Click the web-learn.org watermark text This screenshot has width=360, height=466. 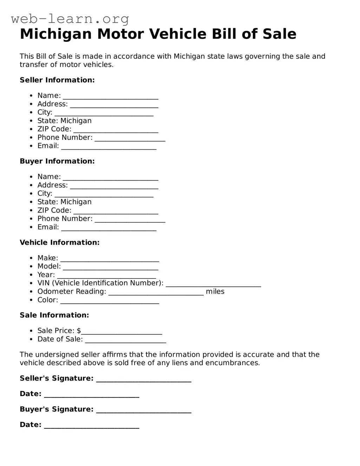point(70,19)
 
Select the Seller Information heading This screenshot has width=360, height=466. point(57,80)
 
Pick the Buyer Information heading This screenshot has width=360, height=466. point(57,161)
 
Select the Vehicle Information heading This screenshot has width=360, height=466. point(60,242)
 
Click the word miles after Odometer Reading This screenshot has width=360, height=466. point(215,291)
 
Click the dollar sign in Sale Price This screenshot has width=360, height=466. point(79,331)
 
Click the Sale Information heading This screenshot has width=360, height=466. point(54,315)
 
